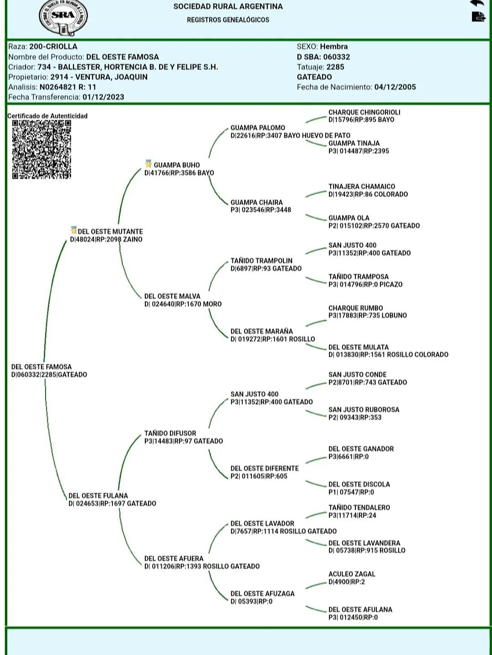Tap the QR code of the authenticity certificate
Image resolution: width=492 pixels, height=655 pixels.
41,149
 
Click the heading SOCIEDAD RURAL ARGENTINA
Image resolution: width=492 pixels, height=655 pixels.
228,6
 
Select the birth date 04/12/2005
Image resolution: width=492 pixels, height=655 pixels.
395,87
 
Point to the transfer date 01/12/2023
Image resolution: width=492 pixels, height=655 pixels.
103,97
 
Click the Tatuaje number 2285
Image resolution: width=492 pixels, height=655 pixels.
335,67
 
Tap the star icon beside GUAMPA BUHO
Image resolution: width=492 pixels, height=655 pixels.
148,164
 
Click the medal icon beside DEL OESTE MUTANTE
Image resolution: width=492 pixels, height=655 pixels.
74,230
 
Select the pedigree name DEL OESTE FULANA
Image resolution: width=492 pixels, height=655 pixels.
98,496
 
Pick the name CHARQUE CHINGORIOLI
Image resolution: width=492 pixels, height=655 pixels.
364,112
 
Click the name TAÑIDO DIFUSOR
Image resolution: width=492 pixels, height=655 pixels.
170,433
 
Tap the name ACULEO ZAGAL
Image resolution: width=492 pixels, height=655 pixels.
352,574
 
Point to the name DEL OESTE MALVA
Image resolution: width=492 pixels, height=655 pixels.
172,296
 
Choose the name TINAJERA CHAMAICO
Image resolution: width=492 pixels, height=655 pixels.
362,186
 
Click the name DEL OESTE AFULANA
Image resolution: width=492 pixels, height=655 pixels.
360,609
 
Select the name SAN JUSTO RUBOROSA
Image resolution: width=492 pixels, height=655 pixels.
364,409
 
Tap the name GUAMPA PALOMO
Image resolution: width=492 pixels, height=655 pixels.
257,128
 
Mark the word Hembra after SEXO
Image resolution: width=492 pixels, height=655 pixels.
333,46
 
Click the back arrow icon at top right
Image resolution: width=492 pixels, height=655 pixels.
477,3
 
